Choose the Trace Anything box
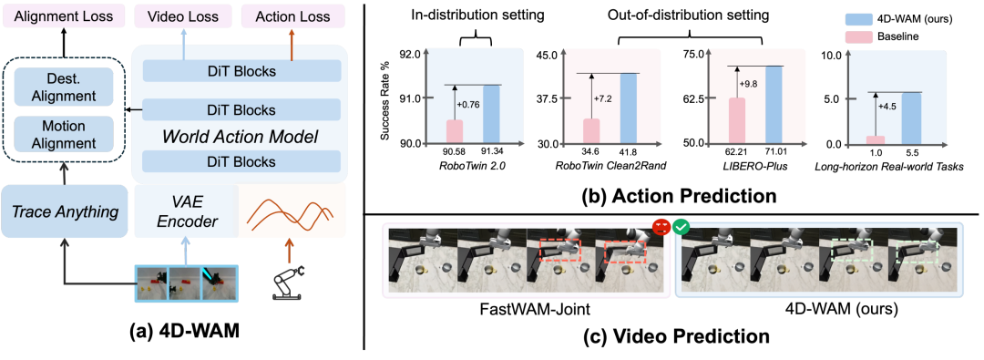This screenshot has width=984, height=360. click(x=65, y=211)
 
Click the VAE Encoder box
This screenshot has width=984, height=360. click(x=187, y=211)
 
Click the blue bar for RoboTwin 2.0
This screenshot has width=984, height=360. click(x=491, y=114)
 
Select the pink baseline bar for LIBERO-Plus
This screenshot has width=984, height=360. click(x=736, y=120)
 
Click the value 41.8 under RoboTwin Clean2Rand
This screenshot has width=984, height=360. click(x=629, y=152)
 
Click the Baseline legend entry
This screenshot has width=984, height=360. click(x=899, y=37)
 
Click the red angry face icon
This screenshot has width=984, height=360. click(x=661, y=226)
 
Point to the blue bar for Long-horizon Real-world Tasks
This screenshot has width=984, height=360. click(x=911, y=118)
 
